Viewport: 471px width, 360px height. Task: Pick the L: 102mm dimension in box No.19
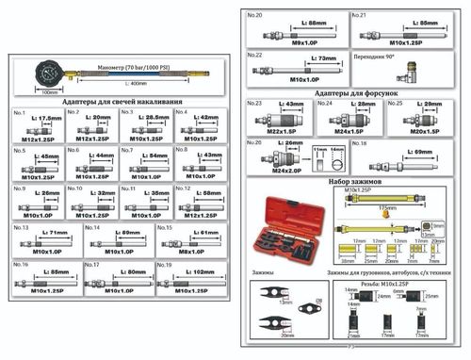(198, 271)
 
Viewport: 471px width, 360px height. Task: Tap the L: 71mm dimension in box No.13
(53, 232)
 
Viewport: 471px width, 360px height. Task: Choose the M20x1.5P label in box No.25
(422, 131)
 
